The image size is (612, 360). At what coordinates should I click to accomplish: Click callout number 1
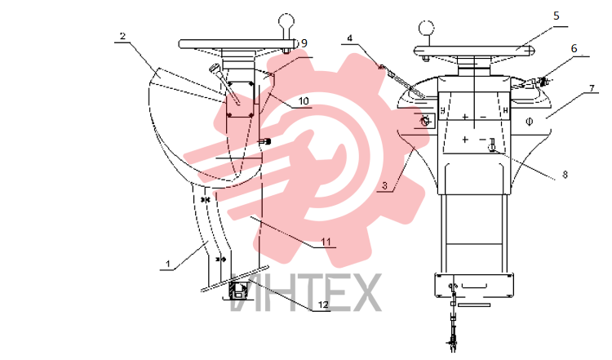tap(168, 264)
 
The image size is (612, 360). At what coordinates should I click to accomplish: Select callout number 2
tap(123, 36)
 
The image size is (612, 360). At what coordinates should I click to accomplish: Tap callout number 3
tap(384, 185)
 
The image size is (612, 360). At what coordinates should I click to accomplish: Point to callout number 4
tap(350, 38)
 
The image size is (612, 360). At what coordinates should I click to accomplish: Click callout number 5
tap(557, 16)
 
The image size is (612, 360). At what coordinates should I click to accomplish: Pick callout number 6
tap(574, 49)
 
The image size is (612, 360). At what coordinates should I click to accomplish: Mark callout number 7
tap(592, 89)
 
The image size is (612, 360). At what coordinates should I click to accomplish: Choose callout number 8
tap(565, 175)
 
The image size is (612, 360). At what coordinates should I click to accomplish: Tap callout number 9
tap(304, 43)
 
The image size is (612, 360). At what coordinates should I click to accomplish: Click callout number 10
tap(304, 101)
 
